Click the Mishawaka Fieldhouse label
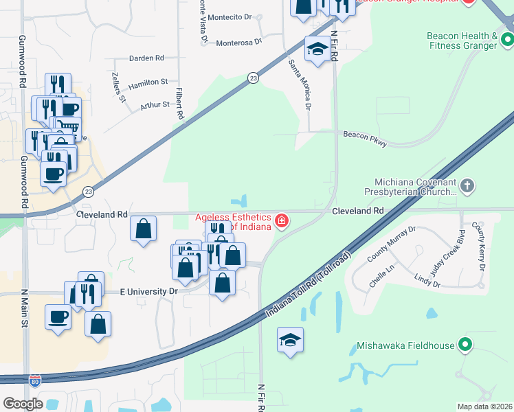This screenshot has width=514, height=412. [405, 345]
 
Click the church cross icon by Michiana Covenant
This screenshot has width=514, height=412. [467, 185]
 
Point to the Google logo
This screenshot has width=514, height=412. [23, 403]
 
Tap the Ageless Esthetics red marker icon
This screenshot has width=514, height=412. [281, 220]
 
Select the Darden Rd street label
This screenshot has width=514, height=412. [147, 58]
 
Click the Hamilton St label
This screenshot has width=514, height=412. [148, 82]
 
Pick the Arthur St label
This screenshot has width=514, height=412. [155, 104]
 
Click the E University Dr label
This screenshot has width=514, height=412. [148, 291]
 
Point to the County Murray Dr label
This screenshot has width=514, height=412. [392, 244]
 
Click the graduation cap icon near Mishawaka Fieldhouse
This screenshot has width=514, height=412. [290, 340]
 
